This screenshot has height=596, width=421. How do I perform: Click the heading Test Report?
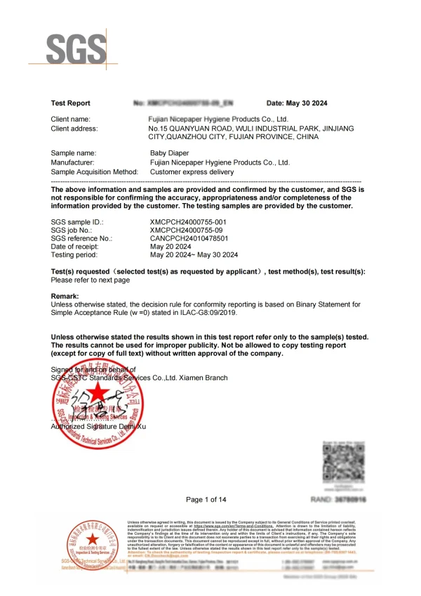(71, 103)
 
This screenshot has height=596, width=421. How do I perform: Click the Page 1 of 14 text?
(206, 500)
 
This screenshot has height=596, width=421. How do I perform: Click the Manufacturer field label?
(73, 162)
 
